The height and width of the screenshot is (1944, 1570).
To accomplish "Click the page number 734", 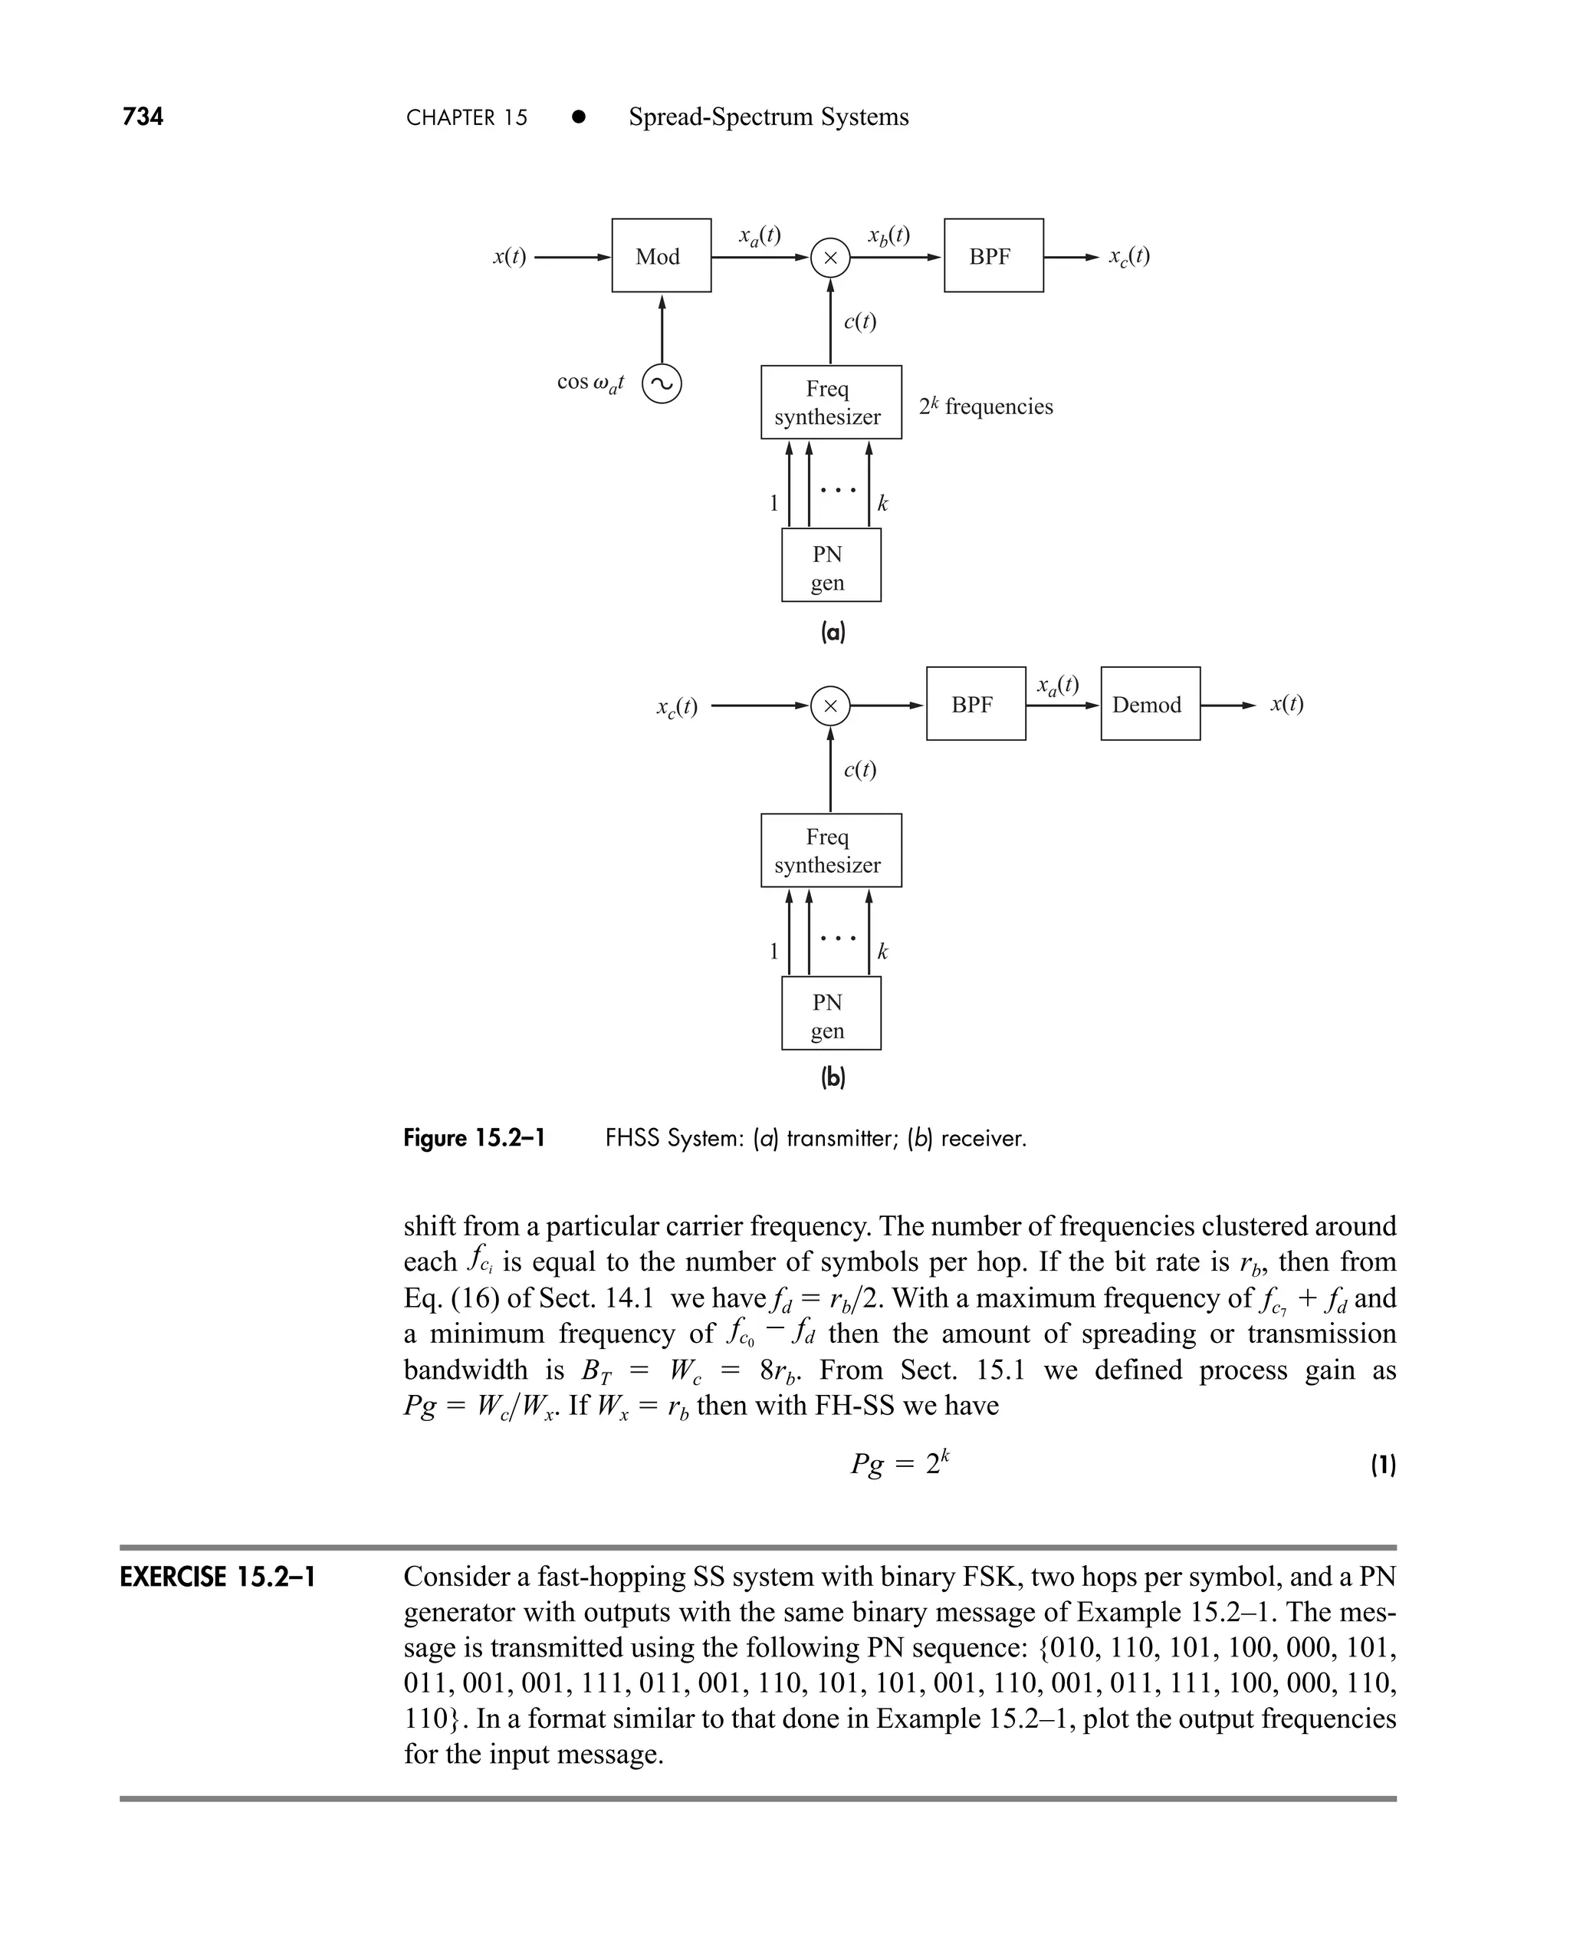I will click(x=143, y=117).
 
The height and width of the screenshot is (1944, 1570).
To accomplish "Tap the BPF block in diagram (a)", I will click(x=993, y=256).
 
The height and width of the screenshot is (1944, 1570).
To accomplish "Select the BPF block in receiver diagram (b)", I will click(x=975, y=705).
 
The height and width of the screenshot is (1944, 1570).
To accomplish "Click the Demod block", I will click(x=1149, y=705).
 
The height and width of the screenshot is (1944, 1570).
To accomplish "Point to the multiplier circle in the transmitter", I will click(x=830, y=258).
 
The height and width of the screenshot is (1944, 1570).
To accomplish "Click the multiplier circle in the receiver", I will click(x=830, y=706).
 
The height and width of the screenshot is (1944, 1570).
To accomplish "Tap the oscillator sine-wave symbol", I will click(x=661, y=384).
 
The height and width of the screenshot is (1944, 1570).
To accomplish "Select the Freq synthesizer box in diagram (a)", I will click(x=830, y=403).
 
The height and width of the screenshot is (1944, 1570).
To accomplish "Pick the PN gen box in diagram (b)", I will click(x=830, y=1013).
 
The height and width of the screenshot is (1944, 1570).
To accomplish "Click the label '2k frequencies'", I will click(x=986, y=406).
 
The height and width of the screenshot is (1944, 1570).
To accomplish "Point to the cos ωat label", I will click(x=590, y=383).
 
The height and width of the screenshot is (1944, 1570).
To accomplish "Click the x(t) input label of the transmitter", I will click(x=509, y=257).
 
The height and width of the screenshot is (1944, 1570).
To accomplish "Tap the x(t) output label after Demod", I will click(x=1286, y=704).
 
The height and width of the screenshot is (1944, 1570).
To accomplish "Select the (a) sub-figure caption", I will click(x=832, y=631).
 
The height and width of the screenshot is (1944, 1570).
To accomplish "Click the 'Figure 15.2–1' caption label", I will click(x=474, y=1138).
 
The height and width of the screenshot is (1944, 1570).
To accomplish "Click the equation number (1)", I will click(x=1383, y=1465).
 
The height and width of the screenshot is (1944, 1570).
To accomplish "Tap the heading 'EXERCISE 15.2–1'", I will click(x=218, y=1577).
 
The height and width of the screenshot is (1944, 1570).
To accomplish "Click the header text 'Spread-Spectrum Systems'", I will click(x=768, y=117).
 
